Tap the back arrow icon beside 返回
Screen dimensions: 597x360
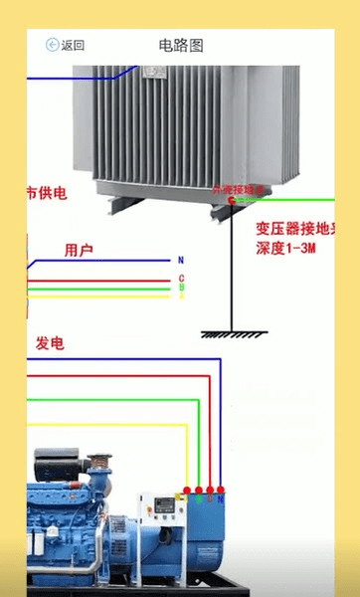coord(52,45)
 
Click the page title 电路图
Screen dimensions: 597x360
coord(180,45)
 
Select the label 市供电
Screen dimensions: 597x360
coord(46,193)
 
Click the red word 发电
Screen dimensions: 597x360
coord(50,343)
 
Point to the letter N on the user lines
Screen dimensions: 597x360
coord(181,260)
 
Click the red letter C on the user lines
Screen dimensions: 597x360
coord(181,278)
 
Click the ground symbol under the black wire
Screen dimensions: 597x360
coord(231,333)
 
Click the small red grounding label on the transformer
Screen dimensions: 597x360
coord(239,189)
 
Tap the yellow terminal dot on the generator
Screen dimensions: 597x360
coord(186,491)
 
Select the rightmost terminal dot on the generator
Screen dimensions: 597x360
coord(221,491)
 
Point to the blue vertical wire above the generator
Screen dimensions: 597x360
coord(220,428)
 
